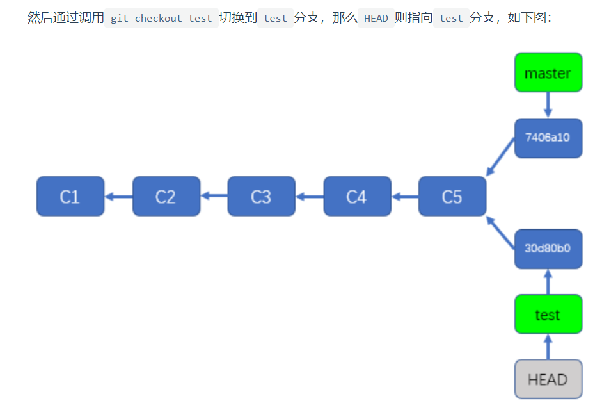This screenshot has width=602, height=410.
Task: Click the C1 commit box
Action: (x=70, y=196)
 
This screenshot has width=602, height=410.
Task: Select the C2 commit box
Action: (x=166, y=196)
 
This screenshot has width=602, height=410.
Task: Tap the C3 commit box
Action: (x=261, y=196)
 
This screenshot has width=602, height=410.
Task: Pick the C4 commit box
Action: (x=357, y=196)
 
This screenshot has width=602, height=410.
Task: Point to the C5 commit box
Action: (x=452, y=196)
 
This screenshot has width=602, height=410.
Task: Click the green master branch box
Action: (x=548, y=72)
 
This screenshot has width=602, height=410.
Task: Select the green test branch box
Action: (x=548, y=314)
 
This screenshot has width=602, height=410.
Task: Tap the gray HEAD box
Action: (x=548, y=379)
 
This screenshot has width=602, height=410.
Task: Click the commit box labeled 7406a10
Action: (x=548, y=138)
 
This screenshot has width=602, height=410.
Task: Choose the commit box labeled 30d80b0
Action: (x=548, y=249)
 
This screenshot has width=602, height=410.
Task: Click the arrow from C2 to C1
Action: (x=118, y=196)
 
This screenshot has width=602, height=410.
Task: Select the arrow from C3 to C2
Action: (x=214, y=196)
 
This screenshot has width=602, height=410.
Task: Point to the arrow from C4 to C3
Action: (x=309, y=196)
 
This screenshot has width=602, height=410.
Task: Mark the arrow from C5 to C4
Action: (x=405, y=196)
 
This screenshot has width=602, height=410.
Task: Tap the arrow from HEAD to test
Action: (x=548, y=347)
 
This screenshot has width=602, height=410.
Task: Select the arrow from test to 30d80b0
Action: (x=548, y=282)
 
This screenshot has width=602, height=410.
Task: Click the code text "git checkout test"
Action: (x=161, y=18)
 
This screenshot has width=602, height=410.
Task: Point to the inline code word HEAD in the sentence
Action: (x=376, y=18)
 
